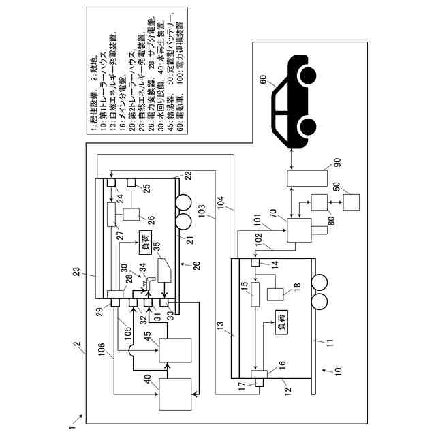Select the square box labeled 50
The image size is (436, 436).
[352, 203]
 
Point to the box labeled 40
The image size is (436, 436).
[176, 393]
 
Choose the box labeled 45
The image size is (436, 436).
[176, 350]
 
